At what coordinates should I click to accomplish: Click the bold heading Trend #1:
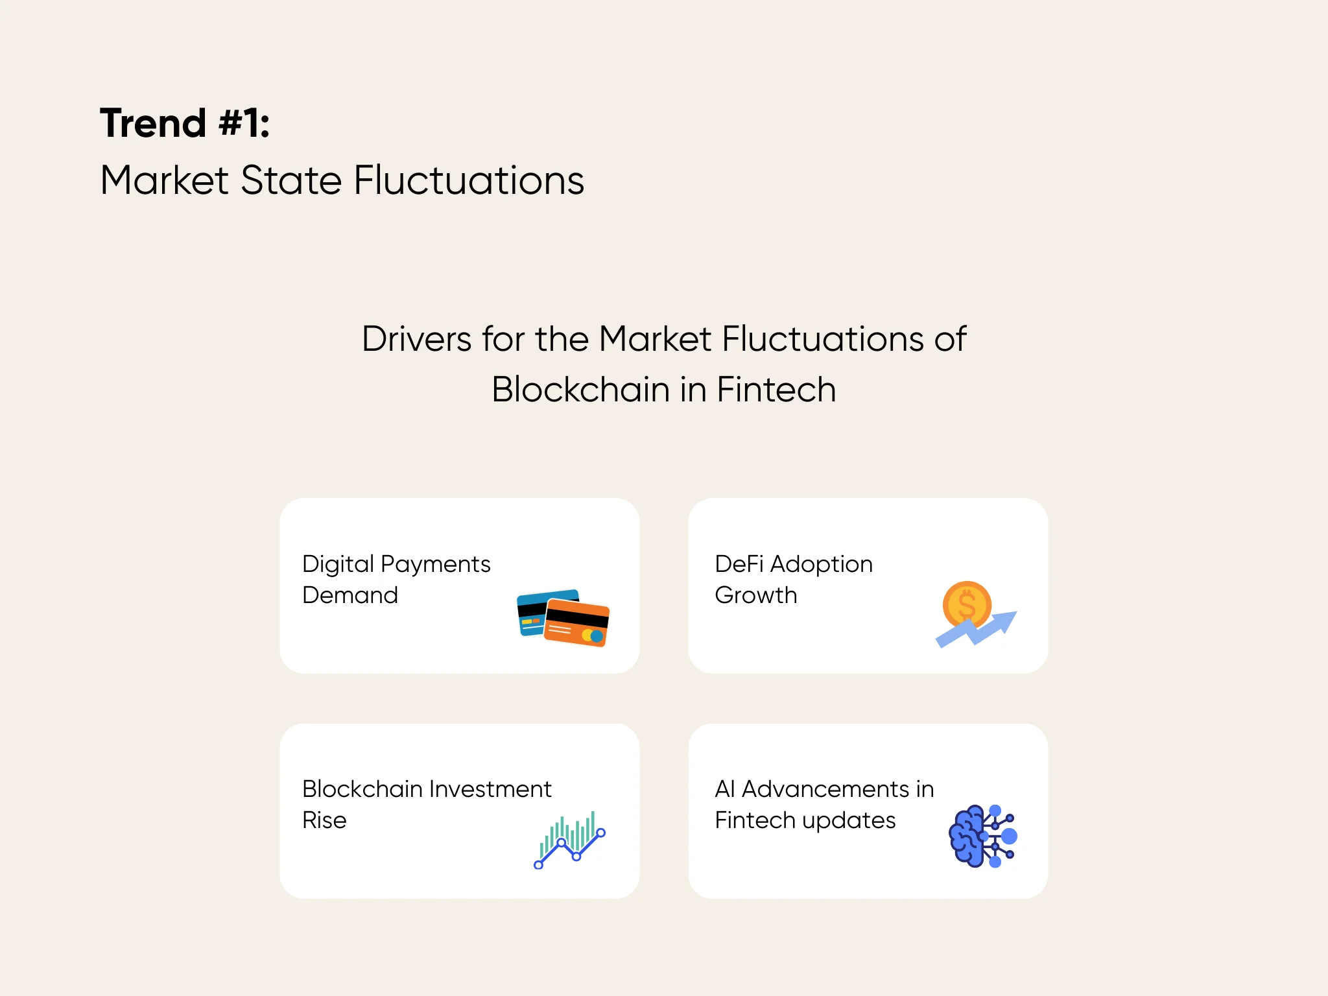click(x=185, y=123)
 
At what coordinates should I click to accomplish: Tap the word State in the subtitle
click(x=290, y=180)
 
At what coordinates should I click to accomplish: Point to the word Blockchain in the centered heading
click(x=580, y=390)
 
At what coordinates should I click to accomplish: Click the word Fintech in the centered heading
click(x=776, y=390)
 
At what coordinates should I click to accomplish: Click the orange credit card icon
click(x=576, y=623)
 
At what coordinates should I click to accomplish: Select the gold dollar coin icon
click(x=967, y=604)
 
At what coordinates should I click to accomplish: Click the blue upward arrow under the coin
click(x=979, y=630)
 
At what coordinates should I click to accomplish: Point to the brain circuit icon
click(x=982, y=836)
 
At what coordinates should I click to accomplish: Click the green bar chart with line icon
click(x=570, y=840)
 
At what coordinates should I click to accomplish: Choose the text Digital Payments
click(x=396, y=564)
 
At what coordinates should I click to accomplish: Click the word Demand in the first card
click(x=350, y=595)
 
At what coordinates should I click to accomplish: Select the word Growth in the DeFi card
click(x=755, y=595)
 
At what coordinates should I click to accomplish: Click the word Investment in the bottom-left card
click(x=490, y=789)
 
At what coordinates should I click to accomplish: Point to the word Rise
click(x=324, y=820)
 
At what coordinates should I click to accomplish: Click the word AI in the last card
click(x=724, y=789)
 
